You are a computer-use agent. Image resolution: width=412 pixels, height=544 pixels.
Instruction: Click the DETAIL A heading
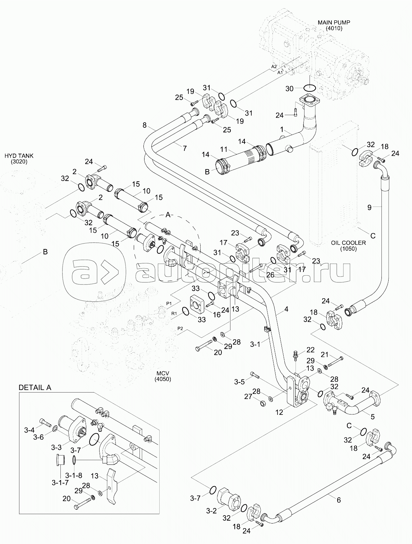(35, 387)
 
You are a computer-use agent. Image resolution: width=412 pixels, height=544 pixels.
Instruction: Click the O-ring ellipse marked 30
(310, 87)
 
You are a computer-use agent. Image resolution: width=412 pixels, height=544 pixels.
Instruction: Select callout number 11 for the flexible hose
(224, 149)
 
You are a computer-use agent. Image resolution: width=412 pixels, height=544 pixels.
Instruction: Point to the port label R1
(174, 314)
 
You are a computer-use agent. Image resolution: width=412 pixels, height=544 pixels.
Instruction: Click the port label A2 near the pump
(274, 67)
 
